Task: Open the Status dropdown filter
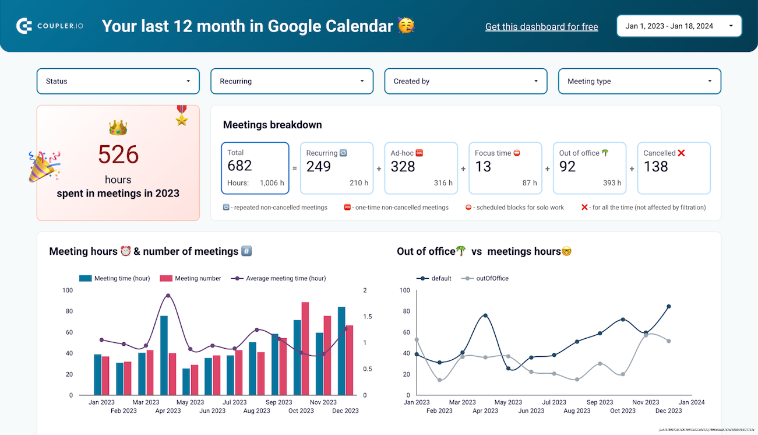[x=118, y=81]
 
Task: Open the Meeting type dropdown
[x=639, y=81]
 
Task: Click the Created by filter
[x=466, y=81]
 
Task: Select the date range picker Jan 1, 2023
[x=679, y=26]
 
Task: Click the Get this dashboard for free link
[x=541, y=27]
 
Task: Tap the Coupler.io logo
[x=50, y=26]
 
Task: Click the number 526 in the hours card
[x=118, y=155]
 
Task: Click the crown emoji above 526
[x=118, y=128]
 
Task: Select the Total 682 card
[x=255, y=168]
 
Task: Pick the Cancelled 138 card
[x=674, y=168]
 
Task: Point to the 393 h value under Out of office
[x=612, y=183]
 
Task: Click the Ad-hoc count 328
[x=403, y=167]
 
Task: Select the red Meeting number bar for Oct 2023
[x=305, y=348]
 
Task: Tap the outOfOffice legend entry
[x=492, y=279]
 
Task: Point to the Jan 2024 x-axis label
[x=692, y=402]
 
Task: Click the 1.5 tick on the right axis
[x=369, y=317]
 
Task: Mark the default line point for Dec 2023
[x=668, y=306]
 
